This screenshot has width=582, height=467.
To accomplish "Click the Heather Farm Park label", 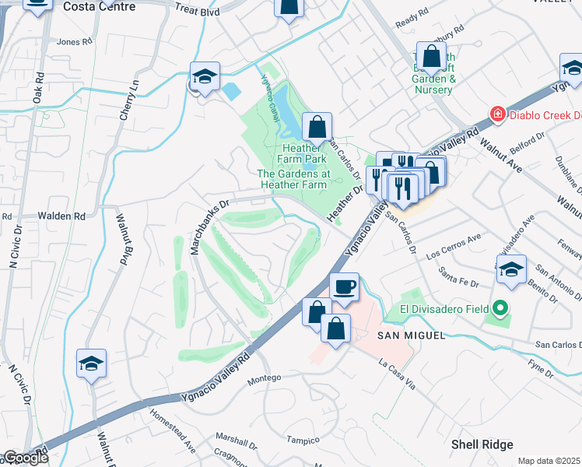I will click(x=303, y=153).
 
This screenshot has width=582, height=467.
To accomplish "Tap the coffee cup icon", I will click(x=345, y=287).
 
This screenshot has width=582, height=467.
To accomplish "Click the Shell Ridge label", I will click(x=482, y=444).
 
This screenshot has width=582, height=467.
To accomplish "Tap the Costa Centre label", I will click(x=98, y=7).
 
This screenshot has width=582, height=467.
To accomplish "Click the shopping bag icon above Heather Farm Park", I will click(x=317, y=127).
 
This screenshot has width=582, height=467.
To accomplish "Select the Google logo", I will click(x=25, y=458).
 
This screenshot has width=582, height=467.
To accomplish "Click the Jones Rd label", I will click(x=75, y=42).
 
